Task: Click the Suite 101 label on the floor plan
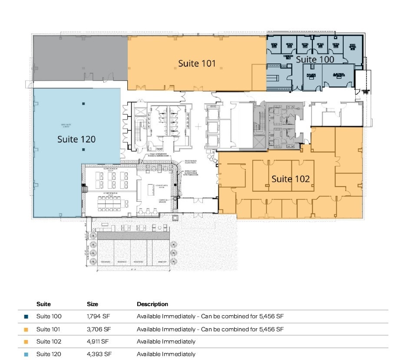pyautogui.click(x=197, y=63)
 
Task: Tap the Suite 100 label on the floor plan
pyautogui.click(x=315, y=59)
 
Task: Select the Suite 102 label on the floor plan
pyautogui.click(x=291, y=179)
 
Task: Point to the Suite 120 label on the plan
pyautogui.click(x=76, y=139)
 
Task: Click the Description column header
pyautogui.click(x=152, y=304)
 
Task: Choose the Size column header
pyautogui.click(x=93, y=304)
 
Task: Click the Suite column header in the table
pyautogui.click(x=43, y=304)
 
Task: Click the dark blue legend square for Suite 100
pyautogui.click(x=26, y=317)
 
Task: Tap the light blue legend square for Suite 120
pyautogui.click(x=26, y=354)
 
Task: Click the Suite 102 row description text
pyautogui.click(x=166, y=342)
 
